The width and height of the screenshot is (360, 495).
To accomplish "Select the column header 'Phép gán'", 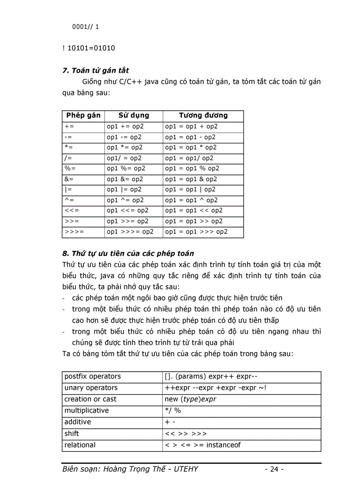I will coord(83,115).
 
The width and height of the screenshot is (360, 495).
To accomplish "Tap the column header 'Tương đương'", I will coord(203,115).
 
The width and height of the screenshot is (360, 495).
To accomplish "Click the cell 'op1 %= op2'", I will coord(126,168).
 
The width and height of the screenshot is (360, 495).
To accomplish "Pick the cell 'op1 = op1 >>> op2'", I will coord(196,231).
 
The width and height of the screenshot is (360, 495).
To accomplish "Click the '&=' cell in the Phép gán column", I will coord(69,179).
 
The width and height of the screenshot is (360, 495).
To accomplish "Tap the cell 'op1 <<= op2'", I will coord(127,211).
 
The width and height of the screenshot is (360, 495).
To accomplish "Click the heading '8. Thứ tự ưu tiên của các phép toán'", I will coord(128,253).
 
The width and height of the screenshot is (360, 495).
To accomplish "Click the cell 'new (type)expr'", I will coord(190,399).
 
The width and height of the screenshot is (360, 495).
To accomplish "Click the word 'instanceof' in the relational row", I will coord(223,445).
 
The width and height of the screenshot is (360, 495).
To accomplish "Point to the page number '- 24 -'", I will coord(274,469).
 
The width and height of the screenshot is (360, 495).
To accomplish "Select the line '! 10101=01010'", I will coord(89,48).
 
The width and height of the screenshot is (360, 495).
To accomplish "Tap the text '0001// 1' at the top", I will coord(86,27).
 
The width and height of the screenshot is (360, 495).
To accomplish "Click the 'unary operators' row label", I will coord(91,388).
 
